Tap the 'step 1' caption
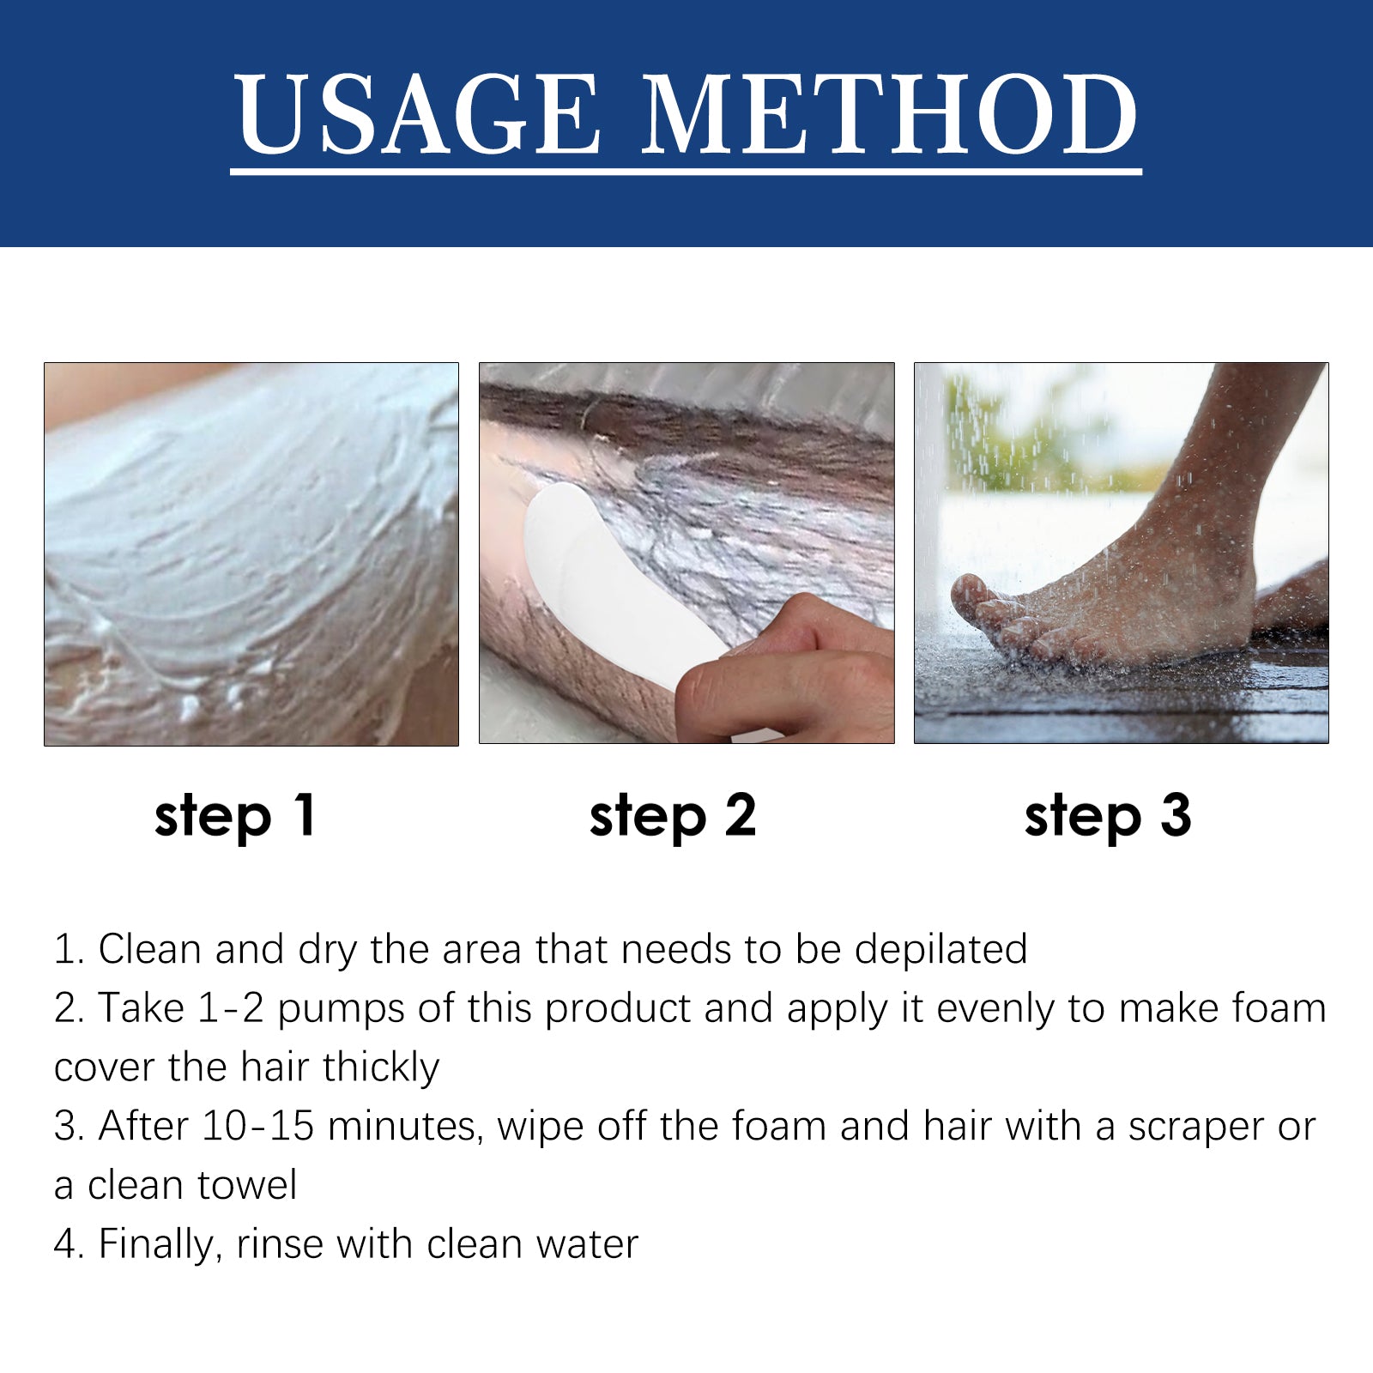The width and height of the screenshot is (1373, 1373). [235, 815]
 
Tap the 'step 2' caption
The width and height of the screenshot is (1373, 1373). [673, 815]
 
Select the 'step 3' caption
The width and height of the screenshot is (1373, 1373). [1108, 815]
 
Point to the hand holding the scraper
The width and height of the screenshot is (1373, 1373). [781, 669]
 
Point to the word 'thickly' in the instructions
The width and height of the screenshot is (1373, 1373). [381, 1068]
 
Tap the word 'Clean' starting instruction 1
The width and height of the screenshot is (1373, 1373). [150, 949]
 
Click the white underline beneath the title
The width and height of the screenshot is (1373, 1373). [686, 172]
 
